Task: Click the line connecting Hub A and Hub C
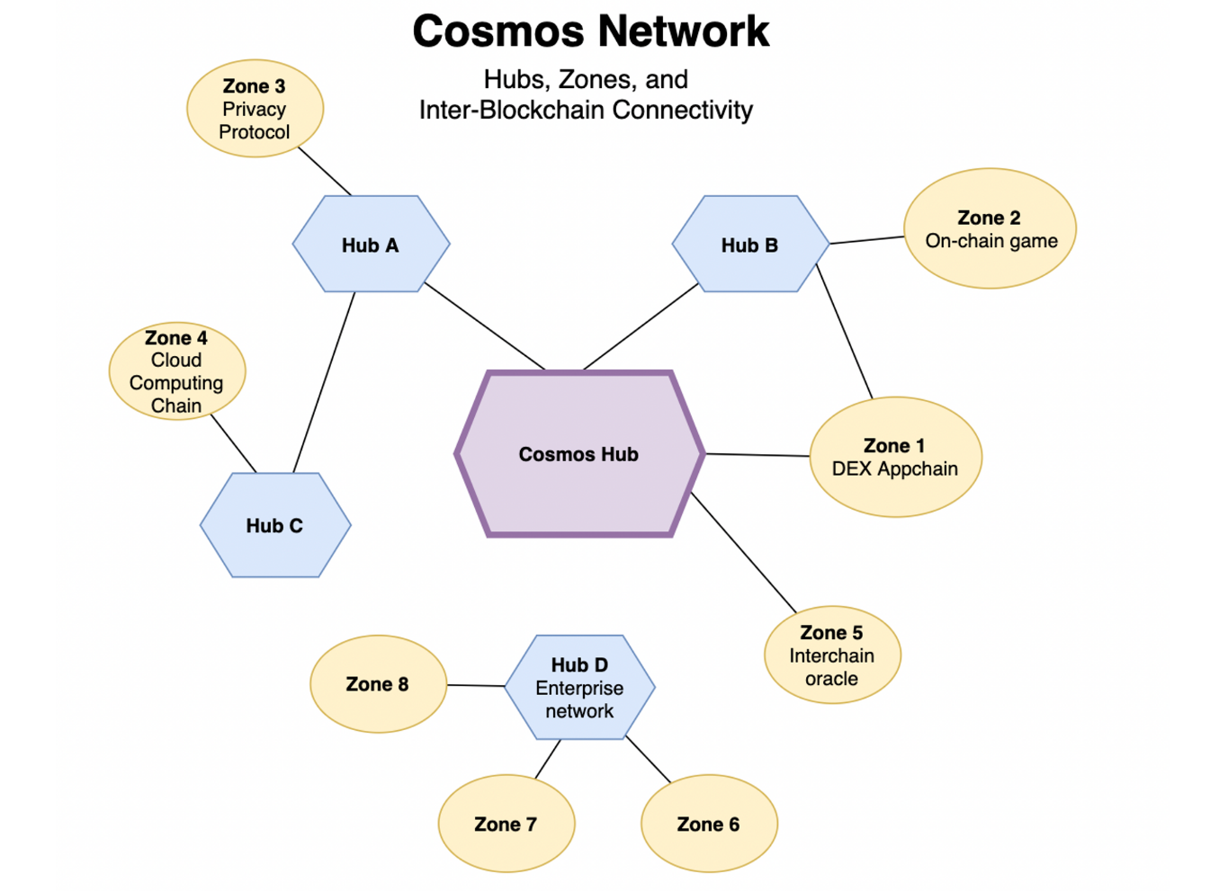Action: (x=324, y=383)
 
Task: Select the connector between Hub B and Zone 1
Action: (x=844, y=331)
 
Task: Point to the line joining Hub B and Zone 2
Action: (x=866, y=240)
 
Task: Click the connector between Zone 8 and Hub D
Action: (x=476, y=686)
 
